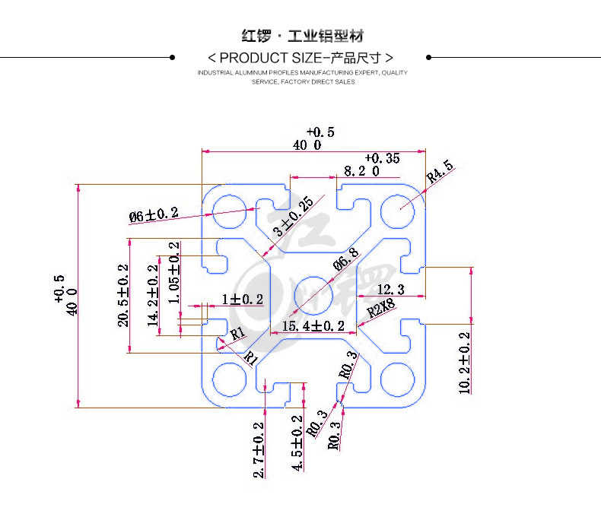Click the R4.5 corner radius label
440,171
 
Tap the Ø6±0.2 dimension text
154,215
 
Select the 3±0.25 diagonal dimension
293,217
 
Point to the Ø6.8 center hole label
345,259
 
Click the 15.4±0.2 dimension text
313,326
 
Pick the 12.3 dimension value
390,290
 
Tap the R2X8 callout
381,308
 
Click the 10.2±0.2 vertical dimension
464,363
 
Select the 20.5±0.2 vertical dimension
123,295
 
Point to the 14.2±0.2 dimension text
153,295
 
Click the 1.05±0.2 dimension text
173,272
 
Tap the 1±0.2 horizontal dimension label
243,299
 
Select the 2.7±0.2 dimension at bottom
259,450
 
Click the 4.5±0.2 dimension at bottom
297,443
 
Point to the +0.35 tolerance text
382,158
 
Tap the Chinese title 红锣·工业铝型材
303,36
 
